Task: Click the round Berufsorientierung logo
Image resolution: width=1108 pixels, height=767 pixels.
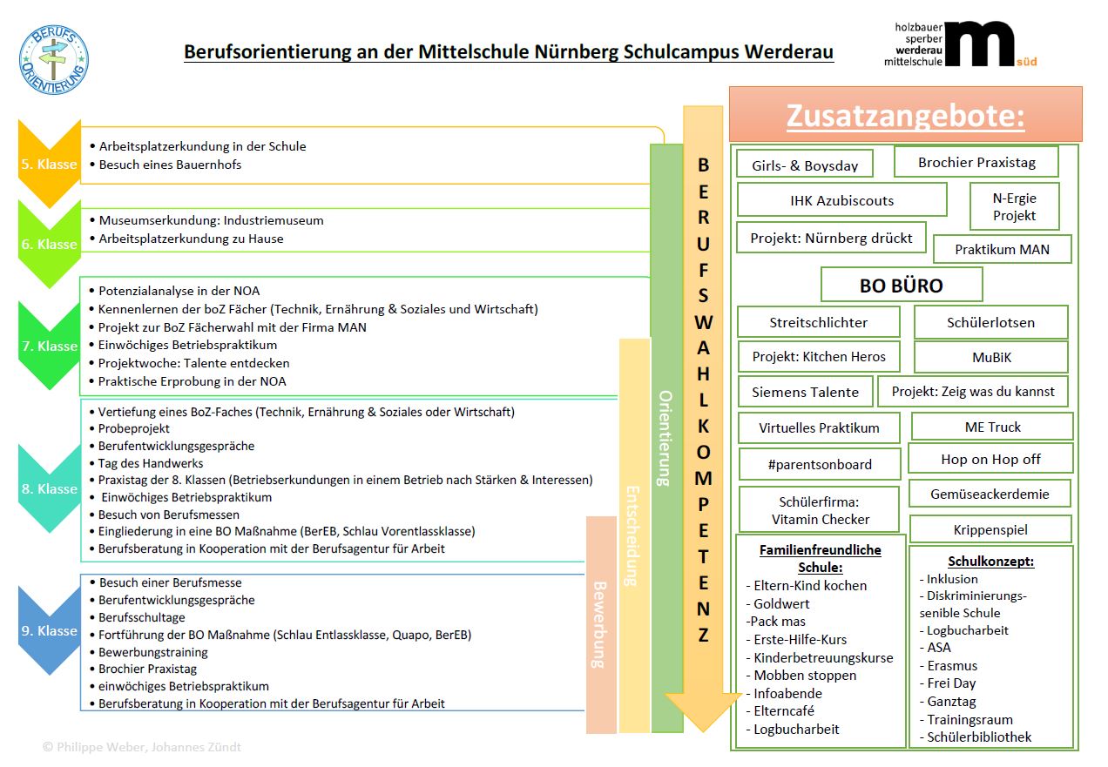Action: click(x=53, y=59)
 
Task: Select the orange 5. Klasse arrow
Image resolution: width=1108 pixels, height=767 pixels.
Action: click(x=50, y=164)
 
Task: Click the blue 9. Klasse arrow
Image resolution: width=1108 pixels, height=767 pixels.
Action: click(x=50, y=630)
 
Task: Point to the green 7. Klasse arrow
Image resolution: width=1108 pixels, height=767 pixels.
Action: click(x=50, y=346)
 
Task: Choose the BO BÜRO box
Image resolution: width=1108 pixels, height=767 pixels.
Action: click(x=902, y=286)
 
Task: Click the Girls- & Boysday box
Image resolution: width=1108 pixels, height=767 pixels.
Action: click(x=805, y=165)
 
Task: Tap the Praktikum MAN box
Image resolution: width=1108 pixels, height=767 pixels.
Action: click(x=1002, y=250)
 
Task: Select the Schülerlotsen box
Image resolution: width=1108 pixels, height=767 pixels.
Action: click(x=990, y=323)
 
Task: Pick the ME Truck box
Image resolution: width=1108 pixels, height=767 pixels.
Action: click(x=992, y=427)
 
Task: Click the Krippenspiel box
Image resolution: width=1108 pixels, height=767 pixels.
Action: click(x=990, y=529)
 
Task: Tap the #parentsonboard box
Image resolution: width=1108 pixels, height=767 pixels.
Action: click(x=821, y=465)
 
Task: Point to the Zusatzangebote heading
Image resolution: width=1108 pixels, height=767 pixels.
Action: click(x=905, y=115)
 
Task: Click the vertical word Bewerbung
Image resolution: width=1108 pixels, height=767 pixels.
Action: click(x=599, y=624)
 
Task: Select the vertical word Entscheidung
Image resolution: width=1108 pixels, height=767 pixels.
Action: click(x=633, y=535)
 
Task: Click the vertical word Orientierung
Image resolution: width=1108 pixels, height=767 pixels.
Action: click(x=666, y=437)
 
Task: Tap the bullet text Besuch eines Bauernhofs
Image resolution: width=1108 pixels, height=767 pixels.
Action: click(x=170, y=165)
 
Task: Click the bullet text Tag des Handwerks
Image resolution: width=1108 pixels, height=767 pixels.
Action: click(x=151, y=463)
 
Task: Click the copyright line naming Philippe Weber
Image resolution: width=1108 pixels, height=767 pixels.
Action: click(x=142, y=747)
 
